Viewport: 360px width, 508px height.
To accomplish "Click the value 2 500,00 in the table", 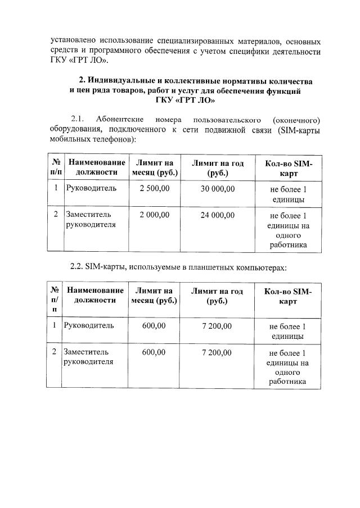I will [x=154, y=188].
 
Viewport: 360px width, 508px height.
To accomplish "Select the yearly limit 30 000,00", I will [x=217, y=188].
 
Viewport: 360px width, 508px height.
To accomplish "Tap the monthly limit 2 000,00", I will [x=154, y=215].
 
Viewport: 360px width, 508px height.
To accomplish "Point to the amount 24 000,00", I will [x=217, y=215].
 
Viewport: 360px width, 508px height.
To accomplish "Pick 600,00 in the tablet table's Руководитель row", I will [x=154, y=325].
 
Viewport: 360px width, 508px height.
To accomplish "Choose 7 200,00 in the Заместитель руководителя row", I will [x=217, y=352].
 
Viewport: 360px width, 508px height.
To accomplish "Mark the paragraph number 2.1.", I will [x=77, y=119].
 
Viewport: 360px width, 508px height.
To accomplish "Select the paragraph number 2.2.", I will [x=77, y=267].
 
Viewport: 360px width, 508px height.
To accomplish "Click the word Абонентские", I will [x=120, y=119].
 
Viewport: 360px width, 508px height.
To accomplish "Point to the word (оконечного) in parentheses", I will [x=296, y=119].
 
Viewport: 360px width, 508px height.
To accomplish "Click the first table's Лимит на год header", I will [x=217, y=167].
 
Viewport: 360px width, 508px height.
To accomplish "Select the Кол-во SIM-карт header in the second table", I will [x=287, y=296].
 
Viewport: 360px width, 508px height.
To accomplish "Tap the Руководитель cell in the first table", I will [x=92, y=188].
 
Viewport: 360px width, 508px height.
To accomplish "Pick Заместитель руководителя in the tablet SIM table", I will [x=89, y=357].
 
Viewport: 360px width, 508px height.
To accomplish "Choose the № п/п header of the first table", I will [x=56, y=167].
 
